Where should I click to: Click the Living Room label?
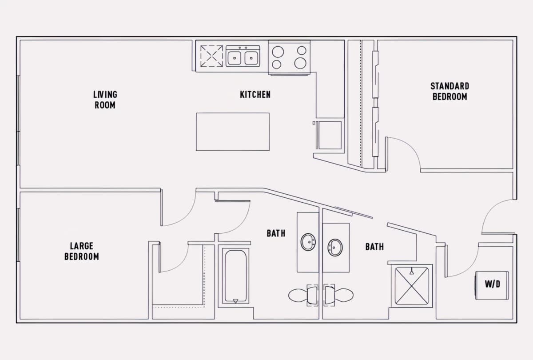click(x=105, y=100)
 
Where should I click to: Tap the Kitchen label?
click(x=255, y=95)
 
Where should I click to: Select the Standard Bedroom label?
click(x=449, y=91)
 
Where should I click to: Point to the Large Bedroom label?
click(x=82, y=251)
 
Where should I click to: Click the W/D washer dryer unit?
click(x=492, y=285)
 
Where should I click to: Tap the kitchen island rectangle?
click(x=233, y=132)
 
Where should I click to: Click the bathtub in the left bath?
click(x=235, y=276)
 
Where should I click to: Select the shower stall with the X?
click(x=412, y=286)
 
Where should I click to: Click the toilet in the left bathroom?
click(x=303, y=295)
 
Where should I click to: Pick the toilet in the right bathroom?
click(x=338, y=295)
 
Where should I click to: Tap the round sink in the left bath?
click(x=308, y=242)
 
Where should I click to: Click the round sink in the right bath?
click(x=335, y=248)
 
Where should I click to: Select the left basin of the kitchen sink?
click(x=235, y=58)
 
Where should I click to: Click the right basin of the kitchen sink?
click(x=251, y=58)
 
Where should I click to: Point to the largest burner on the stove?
click(x=300, y=63)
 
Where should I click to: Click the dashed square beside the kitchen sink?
click(x=211, y=56)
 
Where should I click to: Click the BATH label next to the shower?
click(x=374, y=247)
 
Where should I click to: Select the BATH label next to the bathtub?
click(x=276, y=233)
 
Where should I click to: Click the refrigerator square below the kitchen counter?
click(x=330, y=135)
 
